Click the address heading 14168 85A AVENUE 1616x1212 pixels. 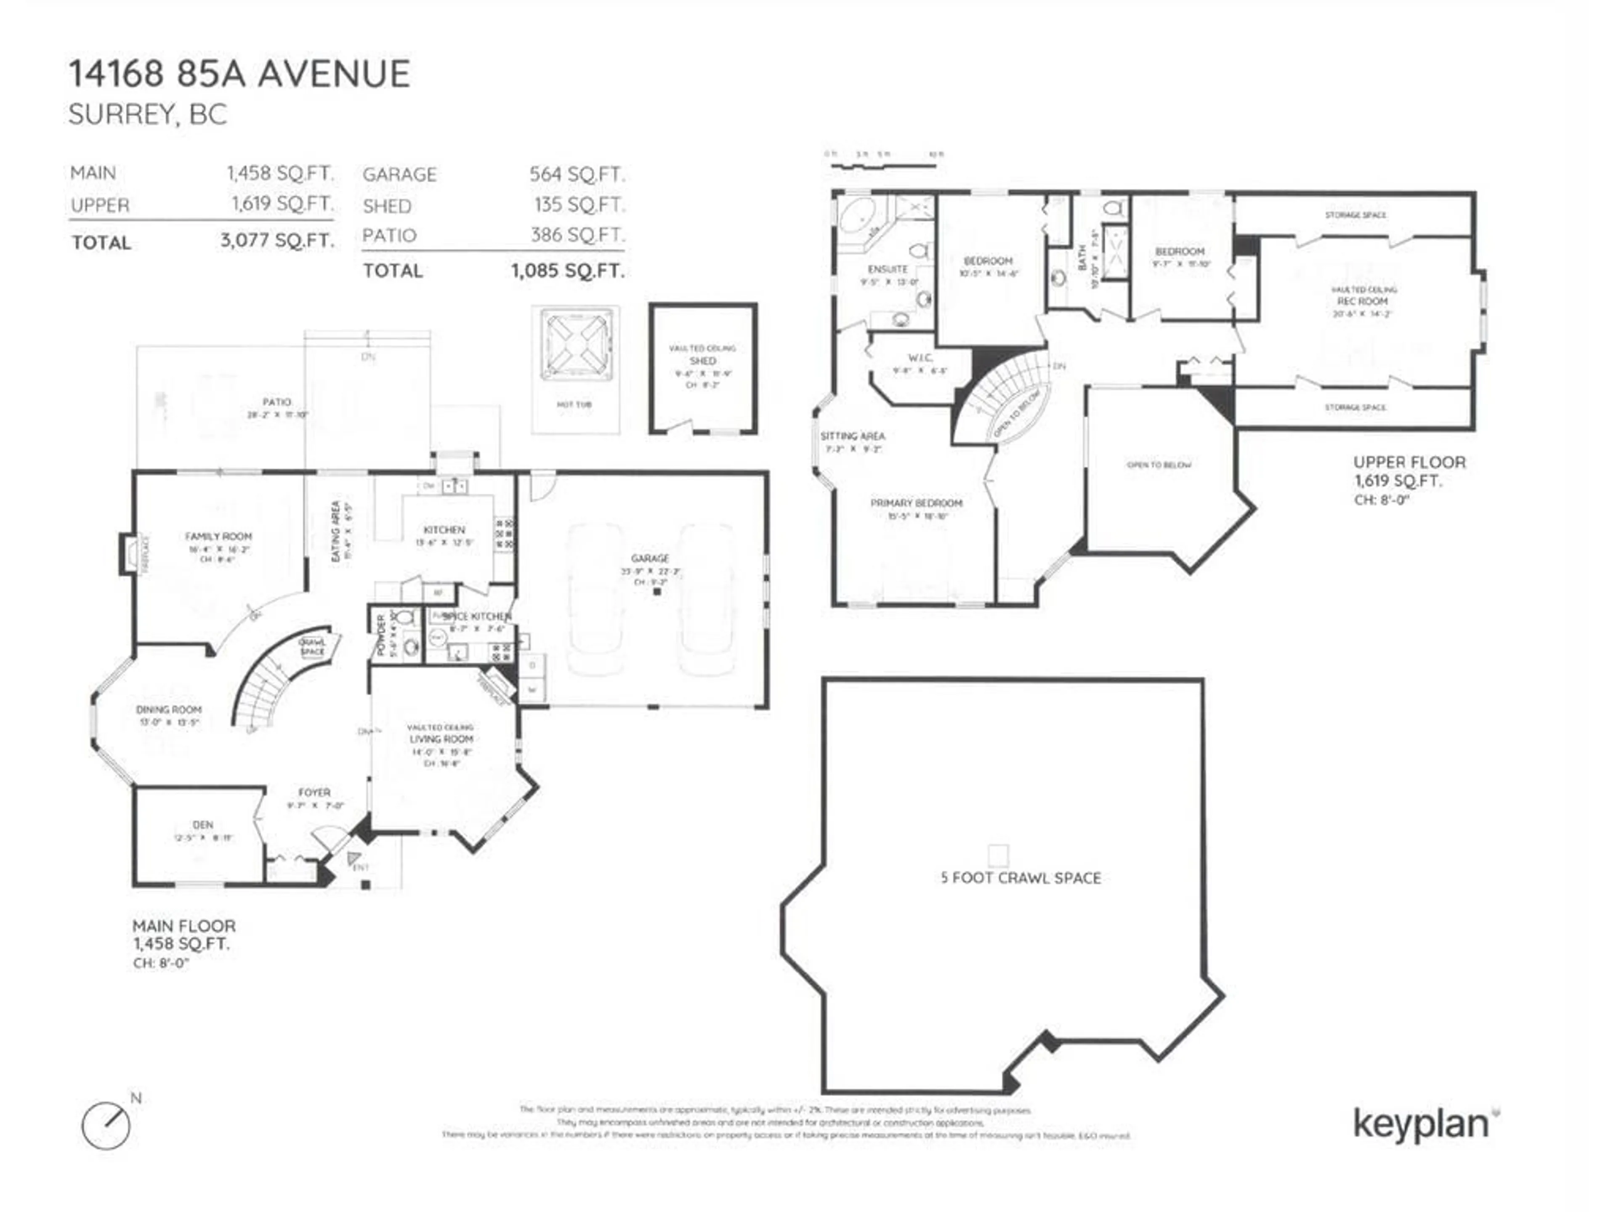[x=239, y=74]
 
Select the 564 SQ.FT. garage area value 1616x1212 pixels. [x=577, y=175]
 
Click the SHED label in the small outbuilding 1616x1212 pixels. [x=702, y=361]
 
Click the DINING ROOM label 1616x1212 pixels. [x=169, y=710]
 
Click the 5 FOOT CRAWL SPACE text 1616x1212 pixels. [x=1021, y=878]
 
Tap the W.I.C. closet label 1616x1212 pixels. [x=920, y=358]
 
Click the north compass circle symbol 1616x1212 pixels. [x=106, y=1126]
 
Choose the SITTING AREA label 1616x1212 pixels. [x=853, y=436]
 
